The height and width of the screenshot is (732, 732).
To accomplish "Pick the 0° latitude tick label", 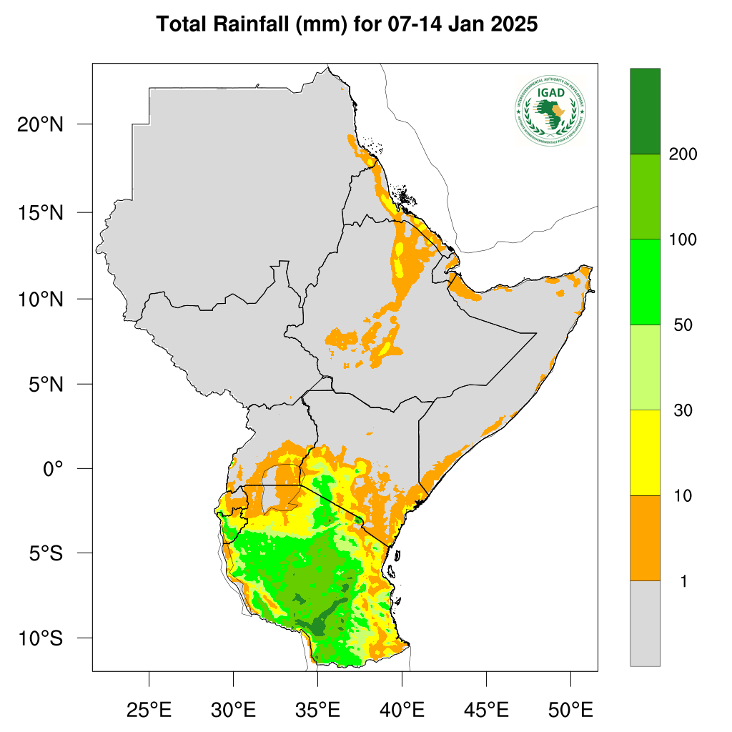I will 53,469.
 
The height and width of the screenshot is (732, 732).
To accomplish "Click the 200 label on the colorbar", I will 683,154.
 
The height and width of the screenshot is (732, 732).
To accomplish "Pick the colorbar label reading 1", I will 683,582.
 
